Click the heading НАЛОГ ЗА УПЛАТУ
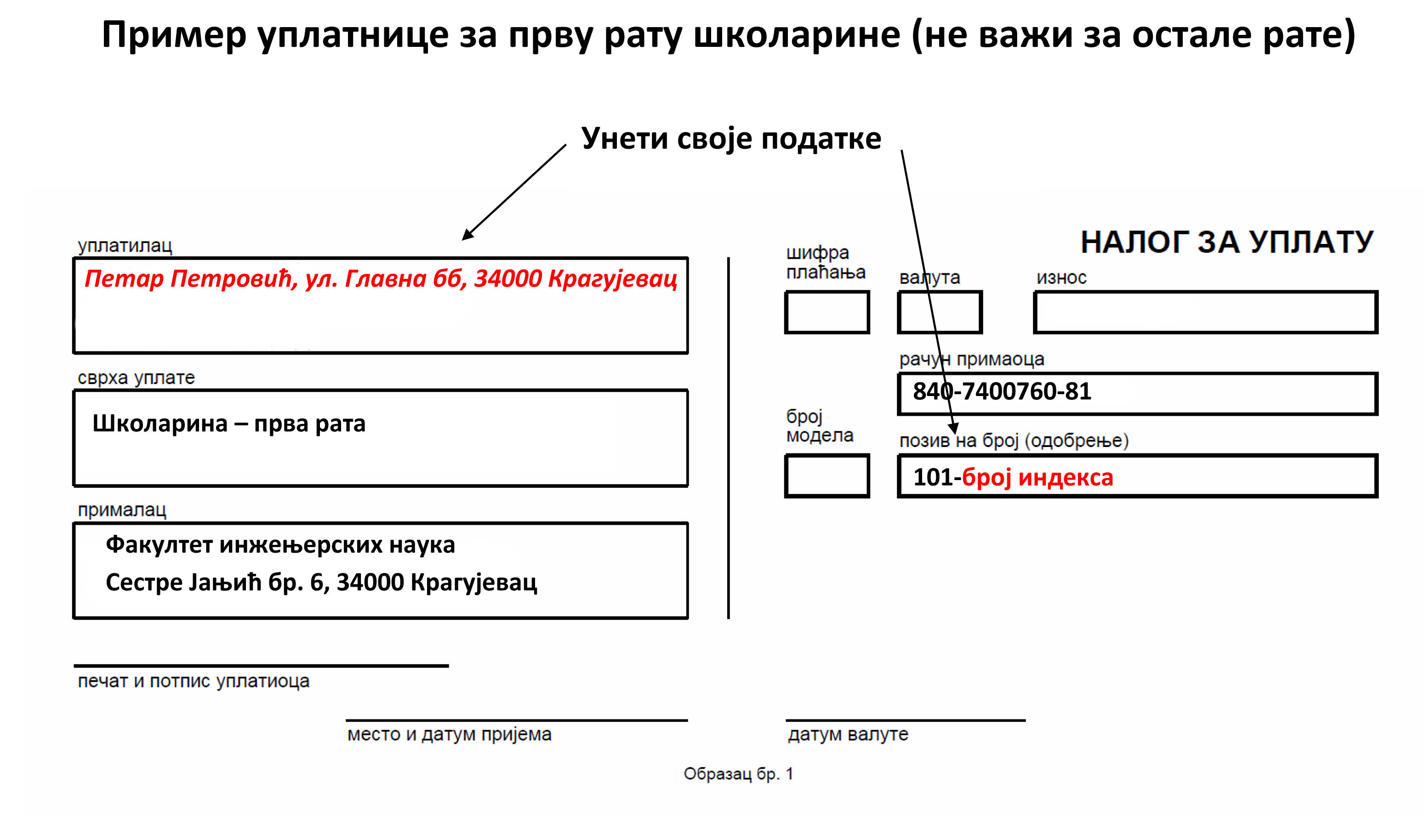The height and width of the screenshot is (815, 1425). [1226, 243]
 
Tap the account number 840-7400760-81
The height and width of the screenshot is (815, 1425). [1002, 392]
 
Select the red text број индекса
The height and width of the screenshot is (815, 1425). [1037, 477]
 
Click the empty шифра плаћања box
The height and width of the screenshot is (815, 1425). [826, 312]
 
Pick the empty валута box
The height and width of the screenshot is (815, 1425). [940, 312]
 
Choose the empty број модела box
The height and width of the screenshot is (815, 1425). [826, 476]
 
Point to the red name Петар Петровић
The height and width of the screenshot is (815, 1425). [190, 279]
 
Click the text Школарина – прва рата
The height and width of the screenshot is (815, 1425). [228, 424]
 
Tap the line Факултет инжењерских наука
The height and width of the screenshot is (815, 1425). [280, 545]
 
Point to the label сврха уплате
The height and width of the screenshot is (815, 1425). [136, 378]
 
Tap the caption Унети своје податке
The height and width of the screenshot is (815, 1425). [731, 138]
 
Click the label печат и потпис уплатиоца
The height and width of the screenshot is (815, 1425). [193, 681]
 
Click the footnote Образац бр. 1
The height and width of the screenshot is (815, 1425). [738, 774]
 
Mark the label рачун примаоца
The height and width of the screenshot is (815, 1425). [971, 359]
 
